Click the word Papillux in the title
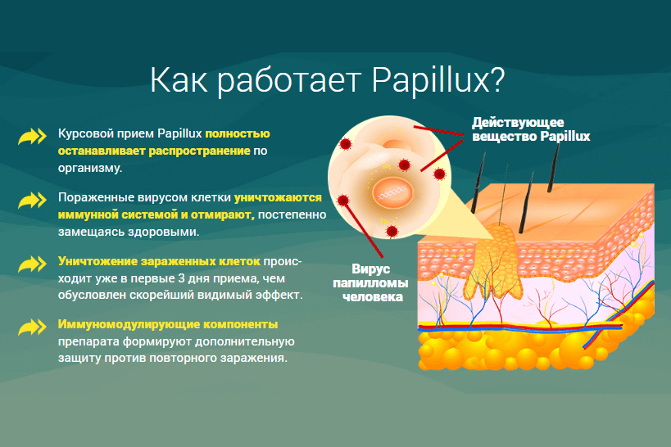[438, 81]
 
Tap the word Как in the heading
[179, 80]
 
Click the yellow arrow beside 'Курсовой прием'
[32, 137]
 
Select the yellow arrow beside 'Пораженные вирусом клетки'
[32, 201]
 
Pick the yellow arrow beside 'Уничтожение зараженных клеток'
[32, 264]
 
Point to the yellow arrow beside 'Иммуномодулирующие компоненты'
[32, 327]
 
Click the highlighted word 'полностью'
[238, 134]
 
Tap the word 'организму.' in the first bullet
[90, 168]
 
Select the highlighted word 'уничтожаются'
[278, 197]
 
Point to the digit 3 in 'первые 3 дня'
[181, 278]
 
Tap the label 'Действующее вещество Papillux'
[531, 129]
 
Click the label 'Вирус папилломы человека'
[370, 282]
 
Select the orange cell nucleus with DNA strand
[392, 193]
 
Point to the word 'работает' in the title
[289, 81]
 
